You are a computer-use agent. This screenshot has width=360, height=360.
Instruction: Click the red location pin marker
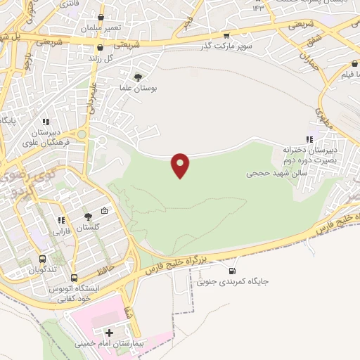181,165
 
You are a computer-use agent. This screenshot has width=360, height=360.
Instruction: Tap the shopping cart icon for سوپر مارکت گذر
226,35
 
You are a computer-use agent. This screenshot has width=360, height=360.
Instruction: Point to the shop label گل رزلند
101,58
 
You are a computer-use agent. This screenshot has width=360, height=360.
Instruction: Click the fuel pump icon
232,271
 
